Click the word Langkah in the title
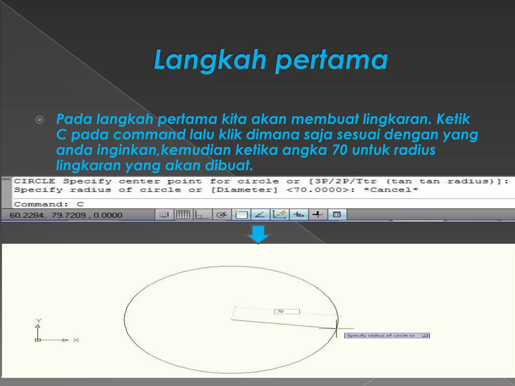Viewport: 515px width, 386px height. (x=210, y=60)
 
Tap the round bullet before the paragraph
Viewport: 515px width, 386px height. (x=39, y=120)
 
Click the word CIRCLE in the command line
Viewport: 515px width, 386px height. (x=34, y=181)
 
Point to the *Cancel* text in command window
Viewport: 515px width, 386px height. (x=391, y=190)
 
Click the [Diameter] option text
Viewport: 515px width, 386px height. (x=244, y=190)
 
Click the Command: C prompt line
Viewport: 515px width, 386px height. (x=49, y=204)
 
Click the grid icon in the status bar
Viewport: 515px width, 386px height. (x=183, y=215)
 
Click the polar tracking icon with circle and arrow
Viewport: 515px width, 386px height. (x=222, y=215)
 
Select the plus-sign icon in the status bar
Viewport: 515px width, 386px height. (x=317, y=215)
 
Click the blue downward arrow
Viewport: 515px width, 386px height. (x=258, y=234)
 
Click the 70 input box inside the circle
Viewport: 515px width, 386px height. (x=287, y=312)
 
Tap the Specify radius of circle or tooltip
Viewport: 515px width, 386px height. (x=387, y=335)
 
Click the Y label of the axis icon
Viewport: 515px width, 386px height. (x=38, y=321)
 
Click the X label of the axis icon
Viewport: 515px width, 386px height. (x=76, y=340)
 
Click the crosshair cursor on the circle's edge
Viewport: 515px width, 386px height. (x=336, y=328)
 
